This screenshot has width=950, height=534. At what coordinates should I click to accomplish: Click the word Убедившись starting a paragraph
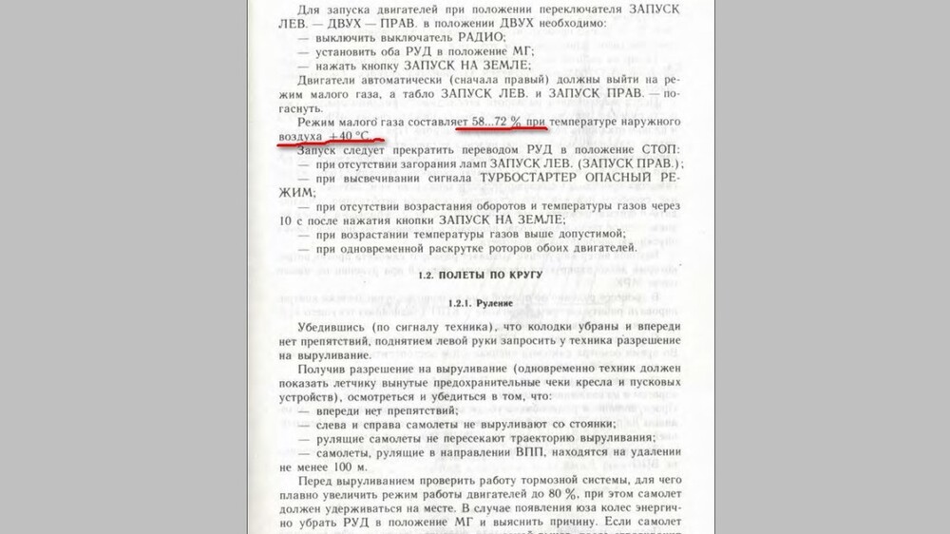pyautogui.click(x=334, y=327)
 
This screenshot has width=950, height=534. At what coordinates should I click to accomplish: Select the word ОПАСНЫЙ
pyautogui.click(x=628, y=178)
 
